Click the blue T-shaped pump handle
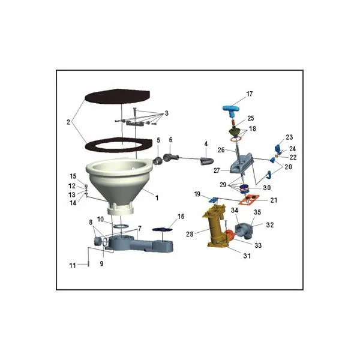[x=232, y=110]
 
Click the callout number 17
[x=250, y=94]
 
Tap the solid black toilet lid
[x=118, y=96]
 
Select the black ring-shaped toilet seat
[x=118, y=145]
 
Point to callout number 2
[x=68, y=122]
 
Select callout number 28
[x=190, y=234]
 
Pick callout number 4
[x=206, y=144]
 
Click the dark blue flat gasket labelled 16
[x=163, y=229]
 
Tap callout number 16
[x=181, y=217]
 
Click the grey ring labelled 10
[x=121, y=226]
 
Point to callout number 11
[x=73, y=266]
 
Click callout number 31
[x=247, y=256]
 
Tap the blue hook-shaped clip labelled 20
[x=269, y=175]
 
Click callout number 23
[x=289, y=137]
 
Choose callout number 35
[x=257, y=212]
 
